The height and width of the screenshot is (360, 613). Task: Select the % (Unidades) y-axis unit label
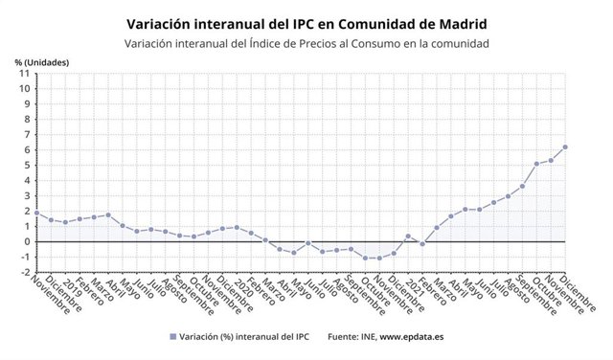tap(41, 61)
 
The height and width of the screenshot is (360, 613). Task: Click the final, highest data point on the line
tap(565, 146)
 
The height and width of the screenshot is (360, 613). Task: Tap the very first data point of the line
tap(36, 213)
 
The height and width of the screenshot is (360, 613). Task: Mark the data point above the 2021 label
tap(408, 236)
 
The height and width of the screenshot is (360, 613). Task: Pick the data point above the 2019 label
tap(65, 222)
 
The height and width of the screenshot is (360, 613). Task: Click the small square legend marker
tap(173, 336)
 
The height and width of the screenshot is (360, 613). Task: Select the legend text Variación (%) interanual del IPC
tap(242, 336)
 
